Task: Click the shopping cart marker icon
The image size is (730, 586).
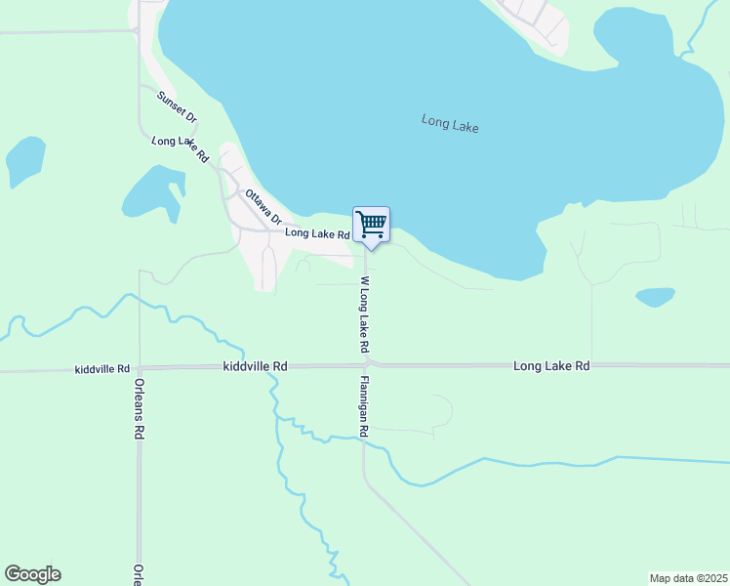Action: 371,225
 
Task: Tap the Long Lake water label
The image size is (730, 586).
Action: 450,124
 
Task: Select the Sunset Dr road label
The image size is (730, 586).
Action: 177,105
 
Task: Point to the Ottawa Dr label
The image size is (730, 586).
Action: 263,206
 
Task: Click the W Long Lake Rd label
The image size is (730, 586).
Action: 363,314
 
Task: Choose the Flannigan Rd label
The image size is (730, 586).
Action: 363,405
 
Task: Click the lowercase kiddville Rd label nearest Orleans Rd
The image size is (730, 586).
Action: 101,369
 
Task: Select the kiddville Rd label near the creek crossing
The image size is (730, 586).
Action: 255,366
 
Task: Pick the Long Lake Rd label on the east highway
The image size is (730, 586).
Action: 551,365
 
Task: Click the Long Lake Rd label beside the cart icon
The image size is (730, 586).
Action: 316,234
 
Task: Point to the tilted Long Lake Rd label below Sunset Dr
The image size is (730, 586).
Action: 182,148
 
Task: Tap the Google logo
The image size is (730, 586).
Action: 32,574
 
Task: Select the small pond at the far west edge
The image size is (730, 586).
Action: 25,161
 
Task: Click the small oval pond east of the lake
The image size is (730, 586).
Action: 655,296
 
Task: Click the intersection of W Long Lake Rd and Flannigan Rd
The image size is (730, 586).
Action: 368,365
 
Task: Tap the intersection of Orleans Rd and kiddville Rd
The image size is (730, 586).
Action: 140,368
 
